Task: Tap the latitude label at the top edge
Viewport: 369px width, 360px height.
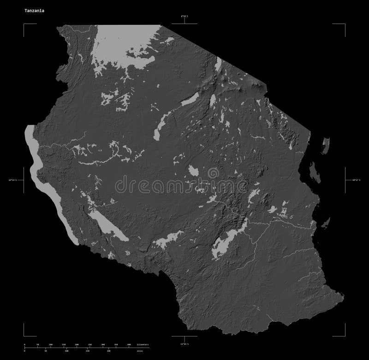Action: coord(184,17)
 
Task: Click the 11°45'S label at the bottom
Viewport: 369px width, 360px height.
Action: coord(184,344)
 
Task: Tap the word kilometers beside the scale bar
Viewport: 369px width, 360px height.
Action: coord(150,345)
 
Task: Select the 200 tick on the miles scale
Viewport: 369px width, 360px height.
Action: coord(109,351)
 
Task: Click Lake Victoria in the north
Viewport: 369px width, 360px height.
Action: coord(125,46)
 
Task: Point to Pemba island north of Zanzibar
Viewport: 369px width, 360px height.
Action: coord(327,143)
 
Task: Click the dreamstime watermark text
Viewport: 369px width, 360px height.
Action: coord(184,185)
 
